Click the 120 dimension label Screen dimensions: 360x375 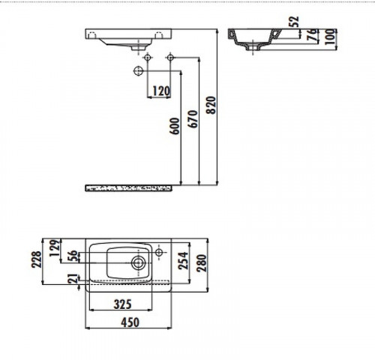[160, 91]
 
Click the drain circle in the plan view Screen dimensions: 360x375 [139, 262]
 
